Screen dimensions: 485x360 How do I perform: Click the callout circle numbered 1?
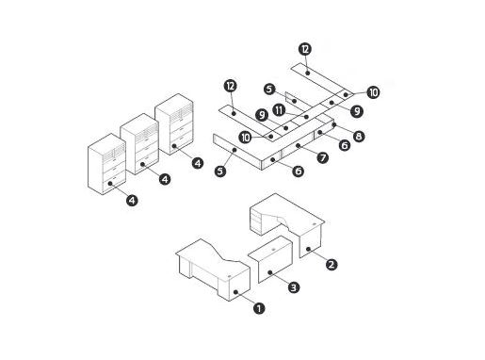(x=259, y=308)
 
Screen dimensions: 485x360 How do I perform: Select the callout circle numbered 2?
(x=331, y=265)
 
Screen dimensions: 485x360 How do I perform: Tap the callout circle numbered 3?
(x=294, y=287)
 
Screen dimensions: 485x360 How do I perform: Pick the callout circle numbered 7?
(x=322, y=157)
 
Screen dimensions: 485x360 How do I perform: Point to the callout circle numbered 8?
(x=359, y=137)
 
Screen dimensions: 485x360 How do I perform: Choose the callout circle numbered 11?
(x=279, y=110)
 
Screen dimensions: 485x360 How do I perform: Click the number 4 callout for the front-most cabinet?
(x=132, y=200)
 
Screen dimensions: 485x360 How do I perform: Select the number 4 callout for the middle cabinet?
(x=165, y=179)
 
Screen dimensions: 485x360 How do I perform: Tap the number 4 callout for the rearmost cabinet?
(x=198, y=163)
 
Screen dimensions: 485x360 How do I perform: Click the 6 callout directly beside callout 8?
(x=345, y=145)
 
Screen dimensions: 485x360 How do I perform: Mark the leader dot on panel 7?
(x=298, y=145)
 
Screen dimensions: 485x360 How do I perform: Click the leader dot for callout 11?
(x=307, y=117)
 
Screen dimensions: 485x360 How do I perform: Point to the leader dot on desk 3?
(x=270, y=272)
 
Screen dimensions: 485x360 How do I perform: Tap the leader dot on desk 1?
(x=235, y=292)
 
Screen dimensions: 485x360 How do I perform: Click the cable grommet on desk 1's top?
(x=229, y=276)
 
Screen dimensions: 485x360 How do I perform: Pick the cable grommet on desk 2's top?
(x=315, y=224)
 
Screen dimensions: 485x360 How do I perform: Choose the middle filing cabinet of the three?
(x=139, y=143)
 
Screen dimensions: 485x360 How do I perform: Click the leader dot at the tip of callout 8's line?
(x=334, y=124)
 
